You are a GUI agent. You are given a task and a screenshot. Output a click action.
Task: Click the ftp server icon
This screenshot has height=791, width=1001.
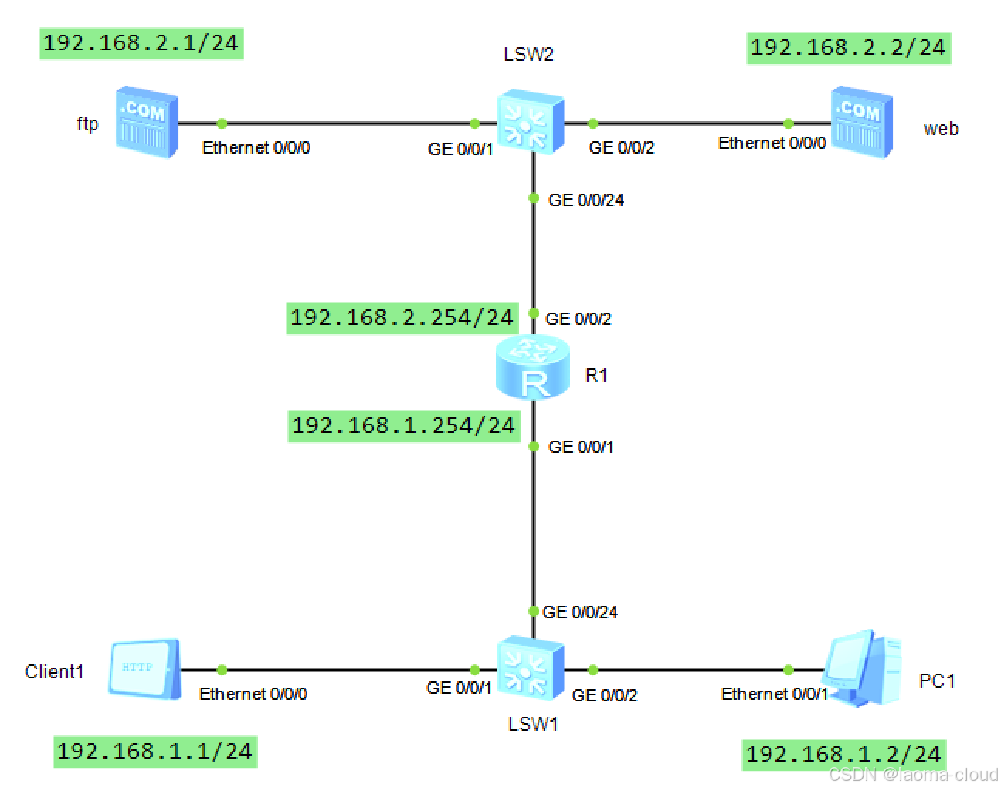tap(147, 123)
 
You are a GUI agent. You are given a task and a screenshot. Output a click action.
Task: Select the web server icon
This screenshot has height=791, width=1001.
tap(862, 123)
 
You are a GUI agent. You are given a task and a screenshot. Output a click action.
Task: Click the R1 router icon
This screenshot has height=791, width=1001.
tap(533, 368)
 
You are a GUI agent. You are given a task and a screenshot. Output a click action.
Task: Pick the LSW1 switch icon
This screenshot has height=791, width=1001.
tap(531, 668)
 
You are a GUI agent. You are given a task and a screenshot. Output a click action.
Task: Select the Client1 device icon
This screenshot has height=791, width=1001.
tap(144, 668)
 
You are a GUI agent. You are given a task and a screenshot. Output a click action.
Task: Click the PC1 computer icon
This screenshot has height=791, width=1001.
tap(862, 668)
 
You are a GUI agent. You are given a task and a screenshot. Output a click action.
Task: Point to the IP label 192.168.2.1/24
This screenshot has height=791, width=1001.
tap(141, 43)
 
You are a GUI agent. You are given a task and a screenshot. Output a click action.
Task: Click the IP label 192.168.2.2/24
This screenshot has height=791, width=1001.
tap(848, 48)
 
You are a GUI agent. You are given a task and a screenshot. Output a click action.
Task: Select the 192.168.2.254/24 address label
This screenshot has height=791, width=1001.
tap(402, 318)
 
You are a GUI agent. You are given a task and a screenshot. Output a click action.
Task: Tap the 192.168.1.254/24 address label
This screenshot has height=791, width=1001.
tap(403, 426)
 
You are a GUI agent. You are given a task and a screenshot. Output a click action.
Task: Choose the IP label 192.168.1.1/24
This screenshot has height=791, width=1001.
tap(154, 752)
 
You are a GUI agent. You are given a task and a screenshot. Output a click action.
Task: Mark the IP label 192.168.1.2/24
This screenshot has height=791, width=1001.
tap(843, 755)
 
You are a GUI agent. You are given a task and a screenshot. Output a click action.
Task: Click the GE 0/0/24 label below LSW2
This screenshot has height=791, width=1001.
tap(585, 201)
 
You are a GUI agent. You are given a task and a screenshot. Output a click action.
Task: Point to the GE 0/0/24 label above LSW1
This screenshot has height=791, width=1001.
tap(580, 613)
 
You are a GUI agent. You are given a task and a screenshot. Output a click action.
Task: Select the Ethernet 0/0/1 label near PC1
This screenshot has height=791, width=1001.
tap(774, 695)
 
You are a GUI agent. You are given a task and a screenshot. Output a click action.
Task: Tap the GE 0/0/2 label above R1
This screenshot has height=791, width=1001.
tap(578, 319)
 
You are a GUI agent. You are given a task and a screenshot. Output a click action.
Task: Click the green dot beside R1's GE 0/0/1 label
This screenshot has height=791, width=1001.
tap(533, 447)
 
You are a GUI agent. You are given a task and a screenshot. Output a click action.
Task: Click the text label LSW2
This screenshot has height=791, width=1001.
tap(528, 55)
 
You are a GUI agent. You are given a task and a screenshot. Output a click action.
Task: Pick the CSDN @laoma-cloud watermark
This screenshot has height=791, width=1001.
tap(913, 775)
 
